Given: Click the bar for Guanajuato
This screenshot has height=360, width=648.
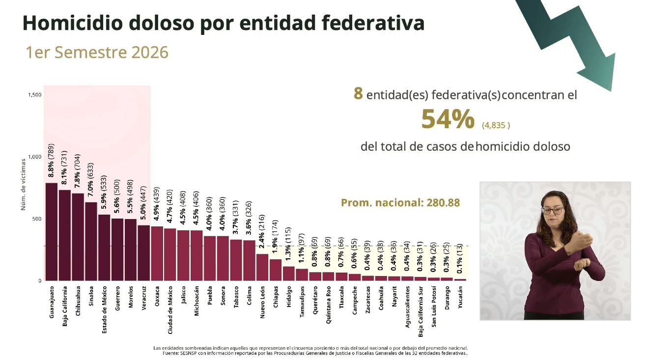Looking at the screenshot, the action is pos(52,232).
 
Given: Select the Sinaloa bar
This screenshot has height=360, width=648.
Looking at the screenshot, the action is pos(91,242).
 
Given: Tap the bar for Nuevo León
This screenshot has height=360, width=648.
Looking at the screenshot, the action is pos(262,267).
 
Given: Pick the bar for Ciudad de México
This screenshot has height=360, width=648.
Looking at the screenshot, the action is pos(170,254).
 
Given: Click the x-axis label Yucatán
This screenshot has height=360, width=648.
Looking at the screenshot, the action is pos(460,297).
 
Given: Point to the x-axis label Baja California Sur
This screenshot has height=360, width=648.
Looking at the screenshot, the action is pos(421,311).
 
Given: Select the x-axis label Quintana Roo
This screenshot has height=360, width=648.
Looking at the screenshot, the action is pos(328,305).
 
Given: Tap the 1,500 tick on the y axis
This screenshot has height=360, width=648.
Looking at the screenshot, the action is pos(35,95).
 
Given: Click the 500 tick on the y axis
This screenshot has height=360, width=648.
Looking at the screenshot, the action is pos(37,219).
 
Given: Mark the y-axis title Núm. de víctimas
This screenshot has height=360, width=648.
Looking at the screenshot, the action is pos(23,185).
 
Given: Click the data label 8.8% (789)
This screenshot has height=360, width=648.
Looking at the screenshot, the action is pos(51,161).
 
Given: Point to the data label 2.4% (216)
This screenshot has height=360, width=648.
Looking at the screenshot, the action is pos(262,231).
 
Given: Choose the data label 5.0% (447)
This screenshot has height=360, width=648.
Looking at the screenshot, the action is pos(143,203).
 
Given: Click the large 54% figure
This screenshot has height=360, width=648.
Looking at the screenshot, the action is pos(448,119).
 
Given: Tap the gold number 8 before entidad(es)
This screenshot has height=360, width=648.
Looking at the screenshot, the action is pos(358,93).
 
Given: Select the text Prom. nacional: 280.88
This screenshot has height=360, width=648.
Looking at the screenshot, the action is pos(400,203).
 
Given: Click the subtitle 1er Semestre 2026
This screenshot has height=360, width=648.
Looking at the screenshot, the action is pos(97,53).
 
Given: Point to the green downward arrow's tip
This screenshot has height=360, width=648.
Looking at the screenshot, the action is pos(611,91).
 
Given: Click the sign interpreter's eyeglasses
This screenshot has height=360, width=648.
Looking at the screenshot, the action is pos(553,210).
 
